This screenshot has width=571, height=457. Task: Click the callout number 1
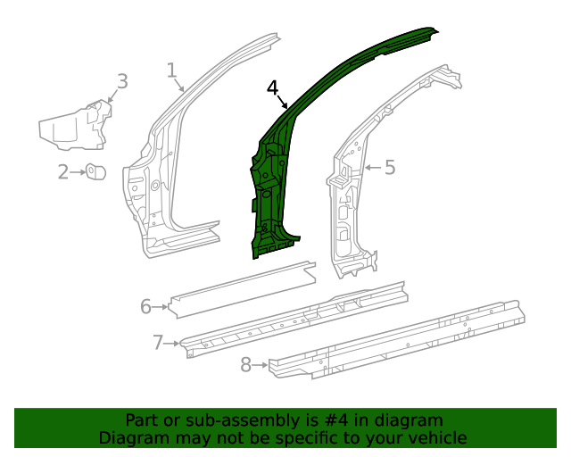(x=172, y=70)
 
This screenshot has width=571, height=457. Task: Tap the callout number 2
(x=64, y=171)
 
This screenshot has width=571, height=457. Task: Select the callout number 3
(x=122, y=81)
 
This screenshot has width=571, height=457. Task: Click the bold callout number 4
(x=273, y=87)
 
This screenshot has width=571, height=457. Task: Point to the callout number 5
(x=389, y=167)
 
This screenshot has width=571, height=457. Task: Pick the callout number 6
(x=146, y=307)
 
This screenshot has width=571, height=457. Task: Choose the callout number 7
(x=158, y=341)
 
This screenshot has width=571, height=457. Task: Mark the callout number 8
(x=247, y=364)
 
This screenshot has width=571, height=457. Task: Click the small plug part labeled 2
(x=96, y=171)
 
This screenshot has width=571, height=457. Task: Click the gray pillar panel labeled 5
(x=352, y=205)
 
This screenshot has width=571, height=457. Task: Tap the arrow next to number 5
(x=372, y=167)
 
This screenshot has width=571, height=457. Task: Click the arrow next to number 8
(x=261, y=364)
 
